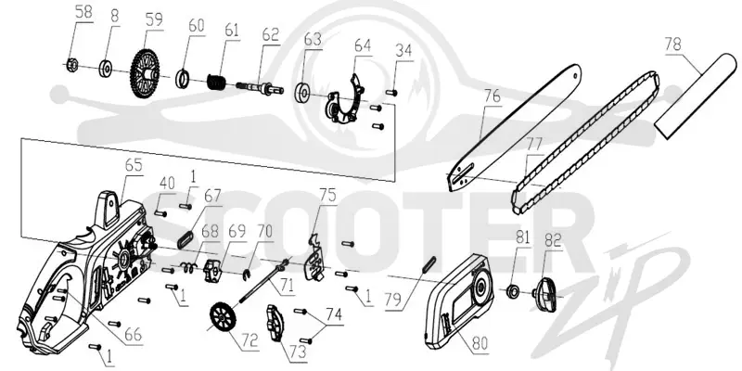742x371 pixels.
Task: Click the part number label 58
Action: [x=83, y=11]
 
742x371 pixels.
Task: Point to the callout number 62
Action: [x=270, y=34]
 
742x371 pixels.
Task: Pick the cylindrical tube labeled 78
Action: [x=695, y=96]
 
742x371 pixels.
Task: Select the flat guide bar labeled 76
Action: [x=514, y=128]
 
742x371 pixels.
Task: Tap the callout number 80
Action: [x=480, y=342]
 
